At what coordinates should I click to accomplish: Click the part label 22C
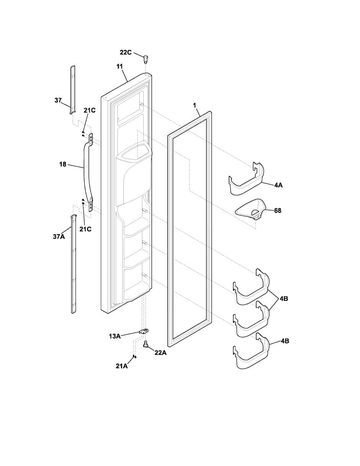click(x=126, y=52)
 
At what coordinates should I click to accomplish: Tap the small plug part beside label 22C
click(x=146, y=59)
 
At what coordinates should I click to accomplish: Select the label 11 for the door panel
click(x=120, y=67)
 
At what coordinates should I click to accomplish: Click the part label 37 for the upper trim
click(x=58, y=100)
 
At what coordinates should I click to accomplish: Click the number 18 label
click(x=63, y=165)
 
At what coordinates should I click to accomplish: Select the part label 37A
click(x=59, y=237)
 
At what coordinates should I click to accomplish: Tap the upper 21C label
click(x=90, y=111)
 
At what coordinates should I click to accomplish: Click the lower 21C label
click(x=86, y=229)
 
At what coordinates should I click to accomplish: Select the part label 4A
click(x=278, y=185)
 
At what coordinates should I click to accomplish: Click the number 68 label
click(x=278, y=211)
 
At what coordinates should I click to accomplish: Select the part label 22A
click(x=161, y=353)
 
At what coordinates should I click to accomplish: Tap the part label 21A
click(x=122, y=366)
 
